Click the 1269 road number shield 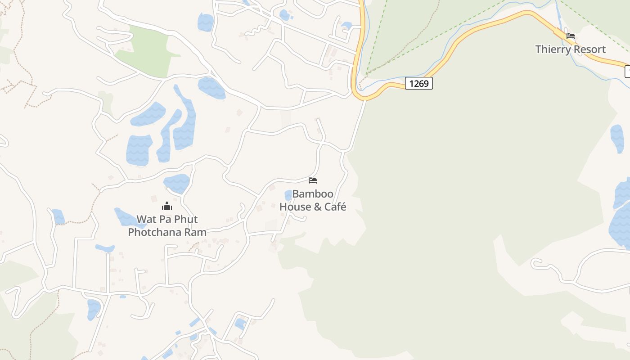coord(418,83)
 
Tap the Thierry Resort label coord(570,49)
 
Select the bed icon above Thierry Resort coord(571,36)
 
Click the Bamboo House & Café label coord(313,200)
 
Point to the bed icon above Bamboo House coord(313,180)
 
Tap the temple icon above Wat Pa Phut coord(167,207)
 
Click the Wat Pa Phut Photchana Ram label coord(167,226)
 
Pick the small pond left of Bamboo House coord(288,195)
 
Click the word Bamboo coord(313,194)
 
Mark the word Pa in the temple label coord(164,220)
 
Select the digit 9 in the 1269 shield coord(426,83)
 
